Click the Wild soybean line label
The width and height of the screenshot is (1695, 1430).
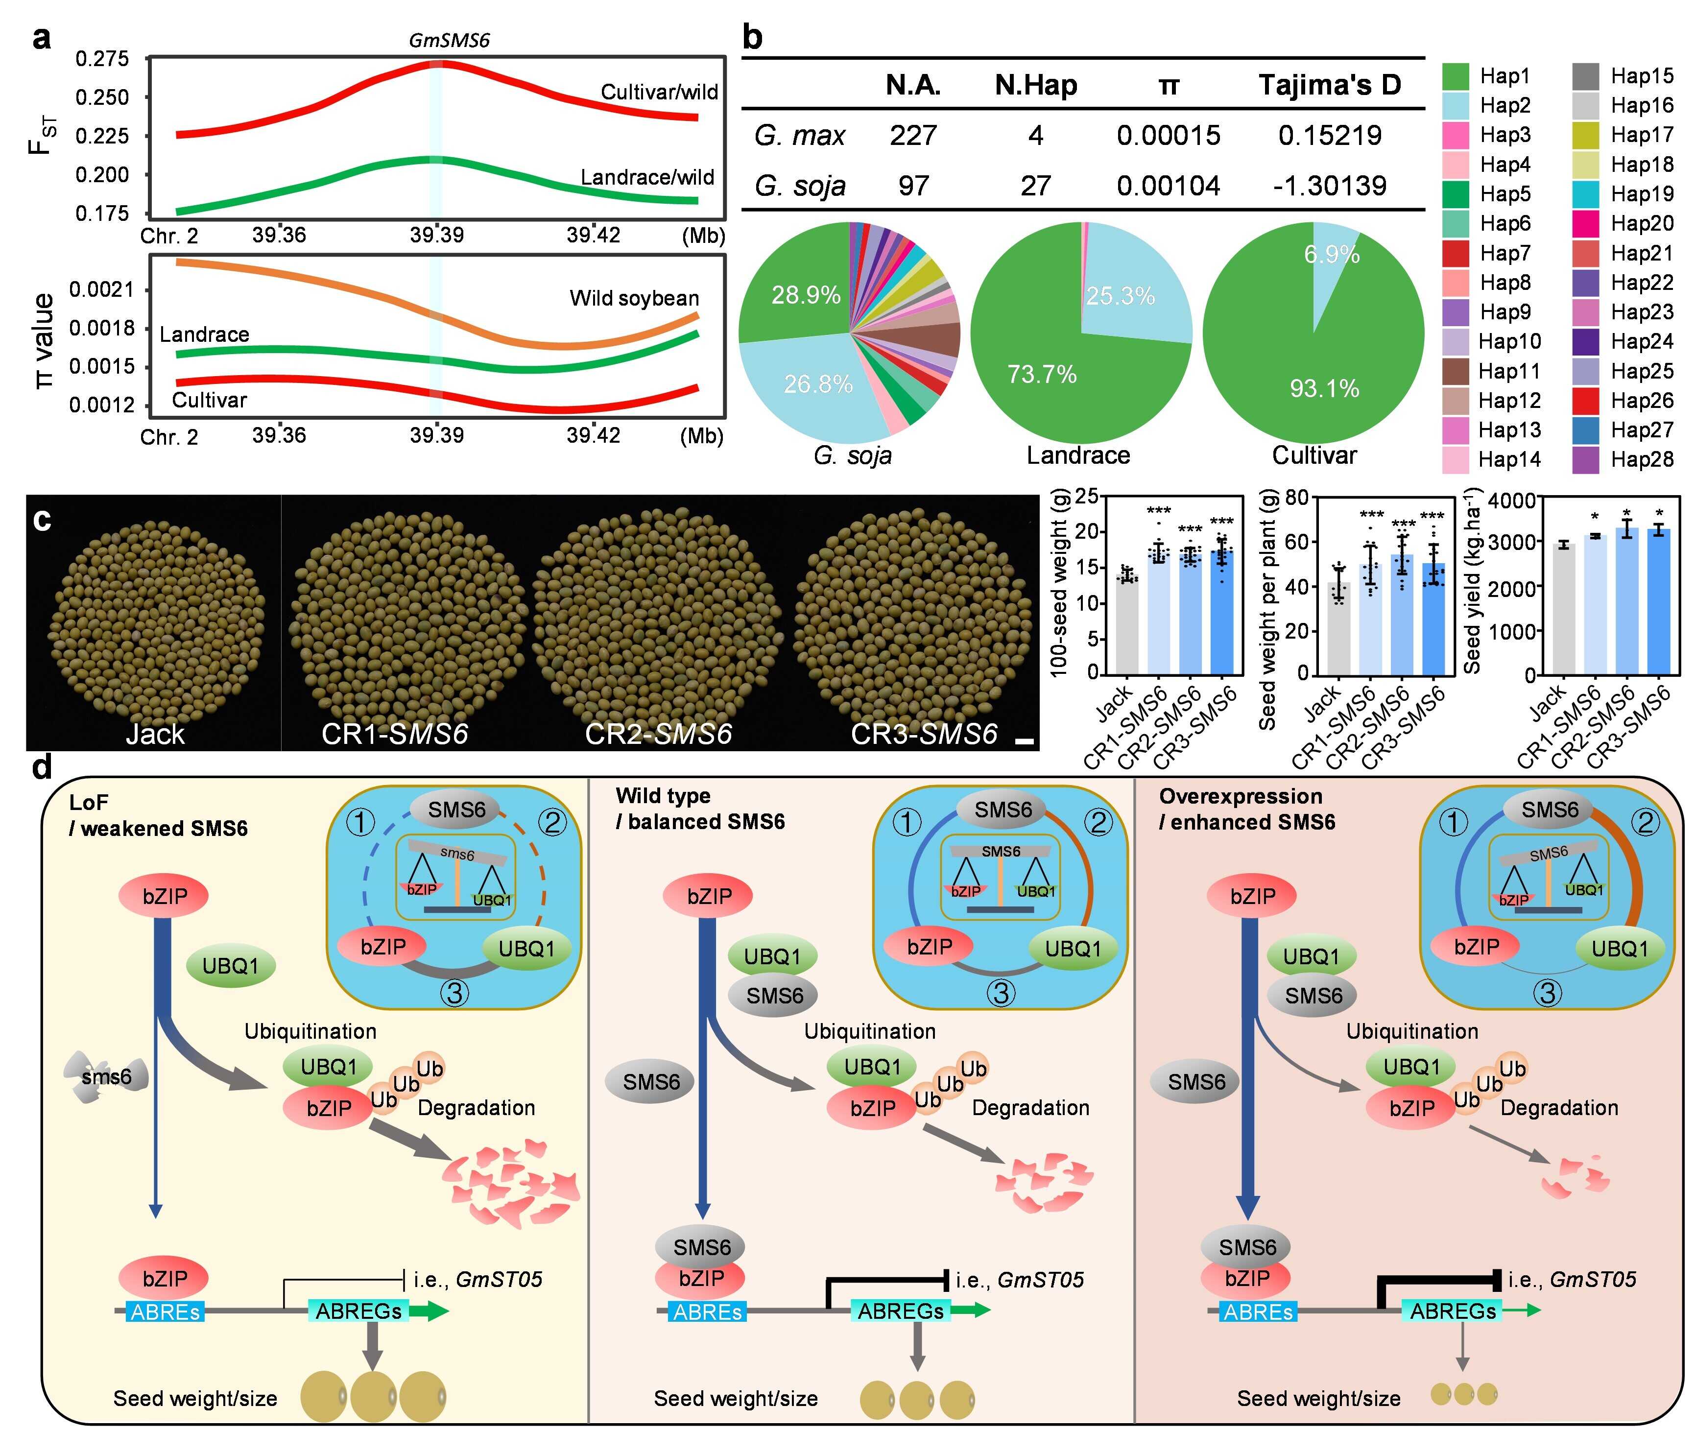(x=633, y=298)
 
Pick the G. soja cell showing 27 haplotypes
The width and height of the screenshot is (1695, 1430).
(x=1035, y=186)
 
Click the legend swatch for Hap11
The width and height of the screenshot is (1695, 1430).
(x=1456, y=371)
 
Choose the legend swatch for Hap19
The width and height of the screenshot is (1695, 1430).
(x=1586, y=194)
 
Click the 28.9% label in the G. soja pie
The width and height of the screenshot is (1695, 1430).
(x=805, y=295)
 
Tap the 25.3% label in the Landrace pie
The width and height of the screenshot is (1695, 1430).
(x=1120, y=296)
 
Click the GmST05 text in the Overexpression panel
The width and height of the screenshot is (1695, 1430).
(x=1592, y=1279)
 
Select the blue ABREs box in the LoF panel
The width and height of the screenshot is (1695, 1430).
(x=165, y=1311)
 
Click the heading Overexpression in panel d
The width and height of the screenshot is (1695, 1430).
(x=1240, y=796)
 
